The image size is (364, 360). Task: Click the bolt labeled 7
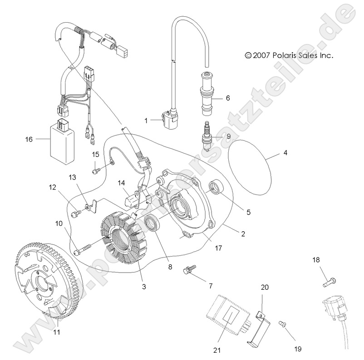click(188, 271)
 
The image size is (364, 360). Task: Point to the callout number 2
click(243, 234)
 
